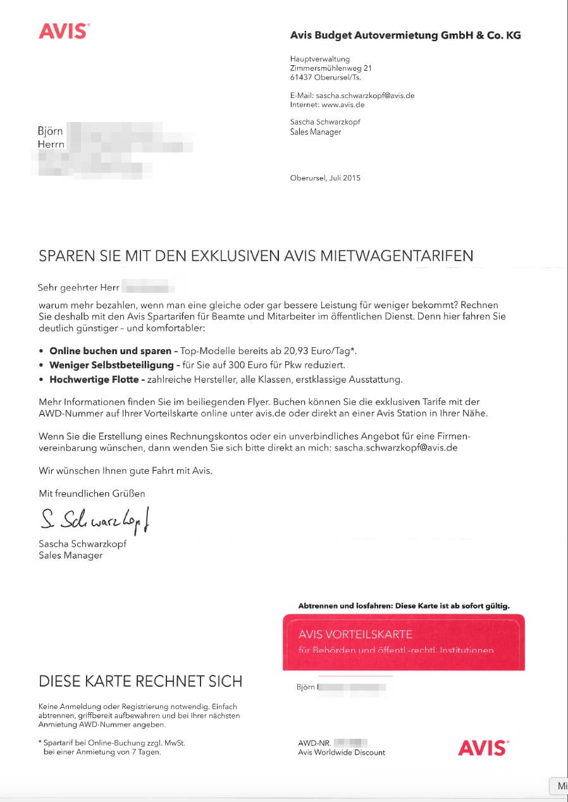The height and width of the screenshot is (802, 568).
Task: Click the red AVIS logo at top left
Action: (x=64, y=31)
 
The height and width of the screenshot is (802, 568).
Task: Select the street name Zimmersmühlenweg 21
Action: (x=331, y=68)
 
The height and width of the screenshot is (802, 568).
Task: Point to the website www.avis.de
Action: (x=343, y=104)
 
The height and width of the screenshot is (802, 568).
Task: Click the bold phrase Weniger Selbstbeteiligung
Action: (x=111, y=365)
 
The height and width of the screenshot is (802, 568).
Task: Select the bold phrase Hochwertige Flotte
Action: (x=97, y=379)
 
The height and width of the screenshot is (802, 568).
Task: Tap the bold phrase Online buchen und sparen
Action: (x=111, y=350)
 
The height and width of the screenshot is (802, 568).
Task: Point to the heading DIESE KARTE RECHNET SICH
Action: (x=140, y=681)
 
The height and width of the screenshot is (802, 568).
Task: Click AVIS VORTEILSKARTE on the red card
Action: (x=355, y=634)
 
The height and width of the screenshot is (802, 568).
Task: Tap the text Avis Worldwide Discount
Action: (x=342, y=753)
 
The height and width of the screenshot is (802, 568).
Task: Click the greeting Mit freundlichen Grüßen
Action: (x=92, y=493)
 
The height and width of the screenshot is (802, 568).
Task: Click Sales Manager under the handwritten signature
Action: (x=71, y=555)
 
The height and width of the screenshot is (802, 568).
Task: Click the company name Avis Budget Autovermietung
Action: (x=364, y=35)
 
